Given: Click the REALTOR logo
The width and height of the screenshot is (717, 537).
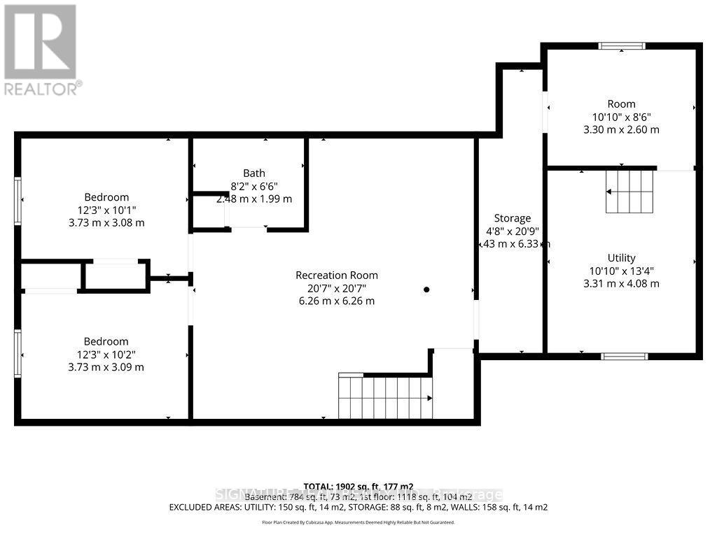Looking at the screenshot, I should pos(40,49).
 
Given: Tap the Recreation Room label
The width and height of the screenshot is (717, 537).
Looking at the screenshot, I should pos(337,275).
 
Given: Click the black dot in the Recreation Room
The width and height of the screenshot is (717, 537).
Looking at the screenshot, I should pos(426,289).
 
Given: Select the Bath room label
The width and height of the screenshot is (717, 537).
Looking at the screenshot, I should pos(254,173).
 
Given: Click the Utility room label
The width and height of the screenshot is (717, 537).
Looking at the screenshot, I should pos(622,258).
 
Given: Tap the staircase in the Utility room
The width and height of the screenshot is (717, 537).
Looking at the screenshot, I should pos(629,192).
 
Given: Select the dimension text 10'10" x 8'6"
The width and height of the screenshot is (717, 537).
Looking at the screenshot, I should pos(622,117).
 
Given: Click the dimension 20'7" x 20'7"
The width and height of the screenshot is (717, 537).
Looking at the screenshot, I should pos(337,288).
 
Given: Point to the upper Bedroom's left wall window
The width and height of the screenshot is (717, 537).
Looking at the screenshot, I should pos(18,201).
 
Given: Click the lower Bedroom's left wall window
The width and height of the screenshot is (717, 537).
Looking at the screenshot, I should pos(18,354).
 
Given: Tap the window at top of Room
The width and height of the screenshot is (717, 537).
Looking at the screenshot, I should pos(621,46).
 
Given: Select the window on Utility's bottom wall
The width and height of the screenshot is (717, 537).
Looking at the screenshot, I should pos(625,356).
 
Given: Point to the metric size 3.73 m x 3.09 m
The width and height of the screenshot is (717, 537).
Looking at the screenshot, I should pos(106,366).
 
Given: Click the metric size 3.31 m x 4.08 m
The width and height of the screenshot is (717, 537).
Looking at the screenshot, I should pos(622,283).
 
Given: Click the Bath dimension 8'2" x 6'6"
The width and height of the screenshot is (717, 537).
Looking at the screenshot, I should pos(254,186).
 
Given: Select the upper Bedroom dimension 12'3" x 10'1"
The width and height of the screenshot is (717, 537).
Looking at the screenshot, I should pos(106,210).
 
